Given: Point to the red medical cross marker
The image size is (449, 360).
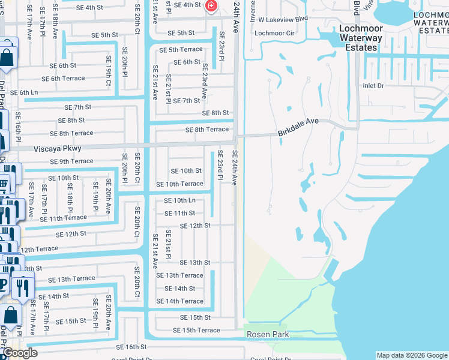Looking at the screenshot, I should tap(211, 6).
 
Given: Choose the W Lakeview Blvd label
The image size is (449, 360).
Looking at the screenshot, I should tap(283, 19).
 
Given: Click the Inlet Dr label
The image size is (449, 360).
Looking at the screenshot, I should tap(373, 86).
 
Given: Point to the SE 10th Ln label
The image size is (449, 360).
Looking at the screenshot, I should tap(179, 200).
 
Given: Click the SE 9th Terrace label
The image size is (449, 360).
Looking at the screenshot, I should tap(72, 161).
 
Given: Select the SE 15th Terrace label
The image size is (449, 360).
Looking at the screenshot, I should tap(196, 331).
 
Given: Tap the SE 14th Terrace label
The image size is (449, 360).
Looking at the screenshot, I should tap(179, 301).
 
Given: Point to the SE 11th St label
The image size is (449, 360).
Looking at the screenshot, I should tap(179, 213).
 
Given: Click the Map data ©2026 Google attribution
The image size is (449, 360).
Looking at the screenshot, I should tap(412, 355).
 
